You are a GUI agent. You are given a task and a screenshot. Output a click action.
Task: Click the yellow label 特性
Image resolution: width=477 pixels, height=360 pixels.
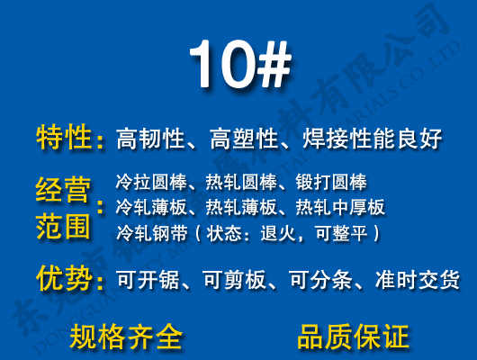[x=64, y=138]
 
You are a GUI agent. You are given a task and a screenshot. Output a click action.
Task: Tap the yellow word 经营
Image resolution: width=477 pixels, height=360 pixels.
[x=63, y=190]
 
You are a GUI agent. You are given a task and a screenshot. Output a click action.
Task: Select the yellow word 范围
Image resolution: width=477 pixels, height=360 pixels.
[x=63, y=225]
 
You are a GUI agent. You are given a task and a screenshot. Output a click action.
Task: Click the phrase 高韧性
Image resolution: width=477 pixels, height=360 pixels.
[x=149, y=139]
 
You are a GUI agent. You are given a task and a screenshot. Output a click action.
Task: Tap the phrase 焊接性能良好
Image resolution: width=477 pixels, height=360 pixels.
[x=378, y=139]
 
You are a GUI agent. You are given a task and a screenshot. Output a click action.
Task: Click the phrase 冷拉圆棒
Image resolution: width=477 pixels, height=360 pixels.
[x=148, y=182]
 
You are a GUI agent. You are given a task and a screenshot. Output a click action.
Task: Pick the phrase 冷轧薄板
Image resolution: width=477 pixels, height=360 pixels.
[x=148, y=208]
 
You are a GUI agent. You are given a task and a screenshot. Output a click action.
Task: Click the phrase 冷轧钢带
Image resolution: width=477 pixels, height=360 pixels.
[x=148, y=234]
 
